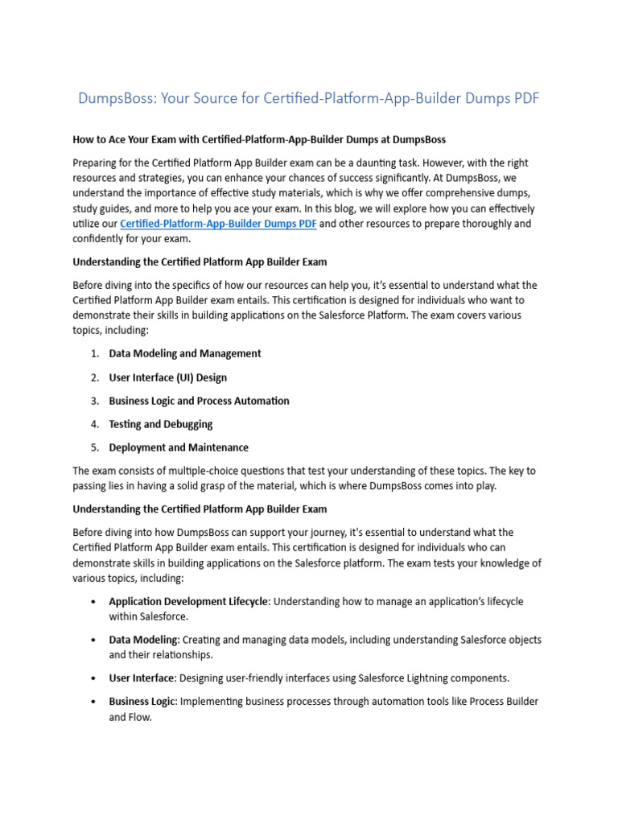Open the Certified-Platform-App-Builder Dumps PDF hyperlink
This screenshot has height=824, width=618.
217,224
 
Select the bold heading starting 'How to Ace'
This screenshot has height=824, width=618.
259,140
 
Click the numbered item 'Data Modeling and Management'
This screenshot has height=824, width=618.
185,353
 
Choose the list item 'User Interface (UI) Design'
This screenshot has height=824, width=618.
167,377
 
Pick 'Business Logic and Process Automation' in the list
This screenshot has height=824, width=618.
199,401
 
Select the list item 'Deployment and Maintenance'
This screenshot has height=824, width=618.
179,447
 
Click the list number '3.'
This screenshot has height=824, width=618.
94,401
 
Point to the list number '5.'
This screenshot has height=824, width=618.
94,447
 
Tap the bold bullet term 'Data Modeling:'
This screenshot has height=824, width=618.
144,640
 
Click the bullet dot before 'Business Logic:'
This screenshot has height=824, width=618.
94,702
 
